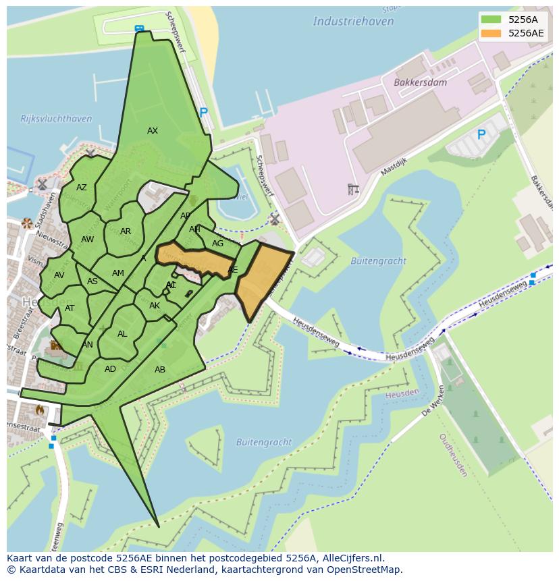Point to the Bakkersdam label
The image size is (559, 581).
point(420,82)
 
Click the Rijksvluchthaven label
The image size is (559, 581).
point(56,119)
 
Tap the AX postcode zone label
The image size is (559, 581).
point(153,131)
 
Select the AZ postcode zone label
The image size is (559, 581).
point(82,188)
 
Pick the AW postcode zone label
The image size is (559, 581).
point(88,240)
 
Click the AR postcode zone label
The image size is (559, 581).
point(126,231)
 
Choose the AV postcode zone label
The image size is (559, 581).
point(59,275)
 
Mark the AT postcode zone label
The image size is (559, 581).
point(70,308)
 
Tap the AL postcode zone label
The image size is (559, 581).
point(122,334)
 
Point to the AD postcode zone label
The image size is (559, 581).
point(110,369)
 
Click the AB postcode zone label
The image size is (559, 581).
point(160,370)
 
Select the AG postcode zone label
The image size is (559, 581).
point(217,244)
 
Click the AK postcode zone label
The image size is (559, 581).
point(155,306)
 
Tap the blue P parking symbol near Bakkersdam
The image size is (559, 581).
point(481,135)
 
